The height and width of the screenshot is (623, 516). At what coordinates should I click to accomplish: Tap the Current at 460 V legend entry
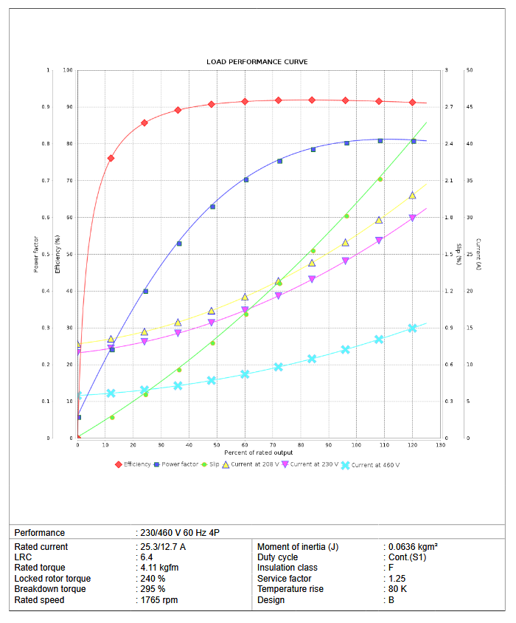374,465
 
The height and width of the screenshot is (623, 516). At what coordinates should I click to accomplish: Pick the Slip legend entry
213,464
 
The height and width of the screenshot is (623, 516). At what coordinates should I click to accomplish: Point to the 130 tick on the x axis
441,444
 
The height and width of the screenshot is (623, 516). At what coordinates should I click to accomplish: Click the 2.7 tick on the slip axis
449,107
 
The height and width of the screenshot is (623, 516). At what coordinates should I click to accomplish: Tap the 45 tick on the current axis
470,107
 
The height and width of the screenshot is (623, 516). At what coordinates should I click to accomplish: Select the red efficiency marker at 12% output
111,158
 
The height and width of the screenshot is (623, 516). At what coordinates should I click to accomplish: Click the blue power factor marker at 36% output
178,244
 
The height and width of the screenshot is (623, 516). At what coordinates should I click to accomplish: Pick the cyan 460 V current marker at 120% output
413,328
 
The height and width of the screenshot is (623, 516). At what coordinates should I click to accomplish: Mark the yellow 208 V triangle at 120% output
413,195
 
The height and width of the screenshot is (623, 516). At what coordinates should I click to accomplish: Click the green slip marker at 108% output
380,179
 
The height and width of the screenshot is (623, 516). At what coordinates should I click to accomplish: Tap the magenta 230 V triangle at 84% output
312,280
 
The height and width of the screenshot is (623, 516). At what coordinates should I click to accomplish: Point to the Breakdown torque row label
50,589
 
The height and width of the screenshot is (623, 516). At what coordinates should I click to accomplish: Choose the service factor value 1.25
396,579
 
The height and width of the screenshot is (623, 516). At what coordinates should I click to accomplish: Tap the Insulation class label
287,568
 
